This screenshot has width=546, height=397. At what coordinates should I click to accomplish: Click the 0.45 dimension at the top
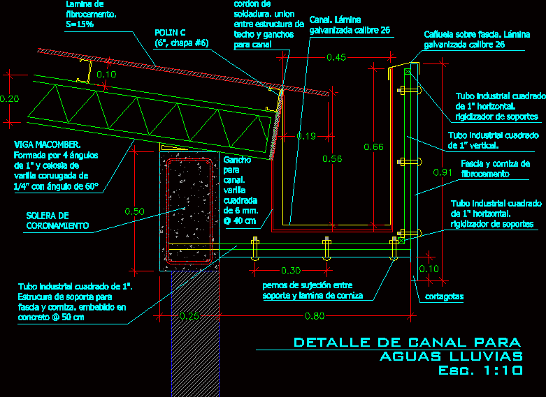336,58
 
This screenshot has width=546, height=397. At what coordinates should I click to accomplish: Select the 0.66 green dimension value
374,147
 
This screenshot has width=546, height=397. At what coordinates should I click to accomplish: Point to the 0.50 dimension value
134,211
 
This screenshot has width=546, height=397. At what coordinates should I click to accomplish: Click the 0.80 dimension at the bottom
314,316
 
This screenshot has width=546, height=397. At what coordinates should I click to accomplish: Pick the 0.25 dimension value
188,316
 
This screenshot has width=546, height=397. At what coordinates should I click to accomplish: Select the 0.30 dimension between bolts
290,270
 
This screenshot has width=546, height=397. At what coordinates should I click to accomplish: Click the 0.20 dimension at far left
9,99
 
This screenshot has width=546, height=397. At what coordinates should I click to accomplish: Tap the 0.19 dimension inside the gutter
306,136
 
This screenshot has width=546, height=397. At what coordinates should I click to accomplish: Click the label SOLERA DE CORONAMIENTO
57,220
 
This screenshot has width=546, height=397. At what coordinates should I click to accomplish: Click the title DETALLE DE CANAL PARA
407,342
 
